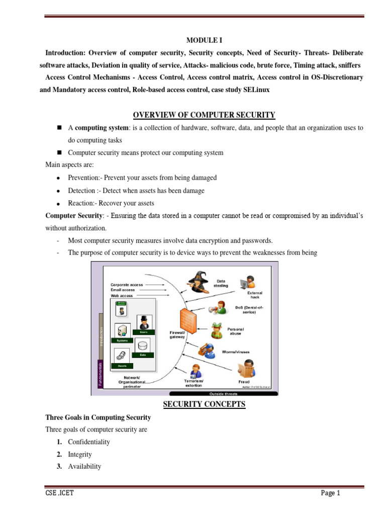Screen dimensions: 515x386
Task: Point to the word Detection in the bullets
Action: (81, 191)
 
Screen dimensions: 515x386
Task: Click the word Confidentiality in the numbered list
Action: (89, 442)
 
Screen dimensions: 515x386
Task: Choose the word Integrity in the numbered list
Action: (80, 454)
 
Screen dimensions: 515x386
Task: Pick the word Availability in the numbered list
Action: (84, 466)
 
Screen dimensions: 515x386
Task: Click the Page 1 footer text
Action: (331, 493)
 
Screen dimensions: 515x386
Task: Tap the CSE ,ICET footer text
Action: (59, 493)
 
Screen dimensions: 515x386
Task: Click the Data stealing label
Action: (221, 283)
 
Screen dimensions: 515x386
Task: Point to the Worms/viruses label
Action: (236, 352)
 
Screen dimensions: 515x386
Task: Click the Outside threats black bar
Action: (224, 393)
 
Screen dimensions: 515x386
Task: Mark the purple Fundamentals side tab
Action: (100, 375)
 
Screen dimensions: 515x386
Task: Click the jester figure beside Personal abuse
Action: (218, 330)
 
